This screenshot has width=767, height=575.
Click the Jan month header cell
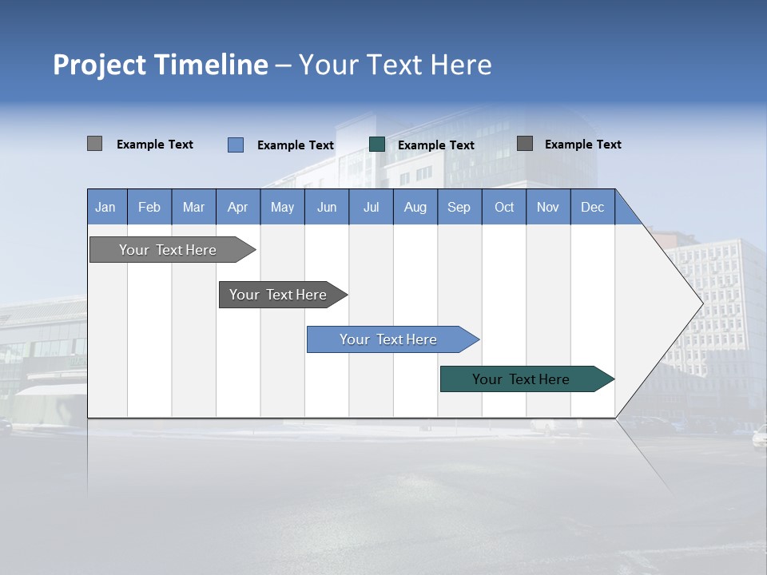pyautogui.click(x=106, y=207)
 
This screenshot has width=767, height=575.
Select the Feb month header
pyautogui.click(x=149, y=207)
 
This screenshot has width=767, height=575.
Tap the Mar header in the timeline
pyautogui.click(x=193, y=207)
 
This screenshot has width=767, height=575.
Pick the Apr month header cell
pyautogui.click(x=238, y=207)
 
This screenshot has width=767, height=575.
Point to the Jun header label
pyautogui.click(x=327, y=207)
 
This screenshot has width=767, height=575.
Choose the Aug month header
pyautogui.click(x=415, y=207)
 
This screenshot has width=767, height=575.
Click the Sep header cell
pyautogui.click(x=459, y=207)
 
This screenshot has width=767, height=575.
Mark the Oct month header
pyautogui.click(x=504, y=207)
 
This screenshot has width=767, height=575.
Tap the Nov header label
pyautogui.click(x=548, y=207)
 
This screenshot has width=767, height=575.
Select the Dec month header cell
pyautogui.click(x=593, y=207)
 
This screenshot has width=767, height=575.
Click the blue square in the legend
pyautogui.click(x=236, y=145)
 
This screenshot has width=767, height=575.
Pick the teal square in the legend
pyautogui.click(x=377, y=145)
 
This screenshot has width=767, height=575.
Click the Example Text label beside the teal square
pyautogui.click(x=436, y=145)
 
